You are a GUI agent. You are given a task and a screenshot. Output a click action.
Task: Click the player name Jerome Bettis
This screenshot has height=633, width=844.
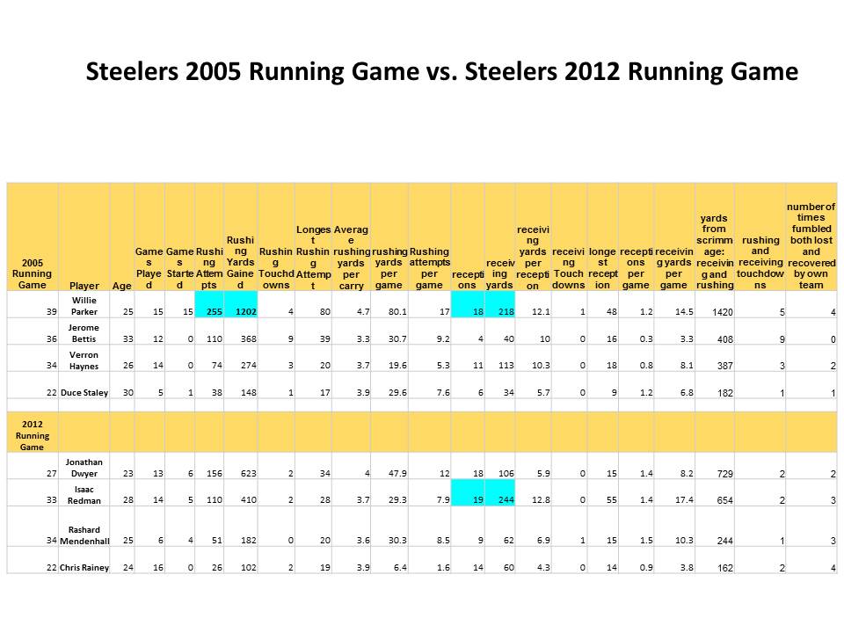84,333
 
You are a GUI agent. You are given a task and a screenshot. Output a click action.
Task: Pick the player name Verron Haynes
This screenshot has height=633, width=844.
84,359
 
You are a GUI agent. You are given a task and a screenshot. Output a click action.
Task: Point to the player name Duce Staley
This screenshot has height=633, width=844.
84,392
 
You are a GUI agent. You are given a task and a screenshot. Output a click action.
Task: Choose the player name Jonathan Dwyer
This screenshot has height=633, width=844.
84,467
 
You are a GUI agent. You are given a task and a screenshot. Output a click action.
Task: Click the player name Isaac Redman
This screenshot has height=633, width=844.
84,493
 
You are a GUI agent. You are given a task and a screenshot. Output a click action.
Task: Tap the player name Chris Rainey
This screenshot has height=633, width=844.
84,567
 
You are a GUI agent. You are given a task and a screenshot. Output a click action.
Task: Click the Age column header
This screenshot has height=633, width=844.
121,285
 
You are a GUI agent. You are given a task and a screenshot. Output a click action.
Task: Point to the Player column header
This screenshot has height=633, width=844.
84,285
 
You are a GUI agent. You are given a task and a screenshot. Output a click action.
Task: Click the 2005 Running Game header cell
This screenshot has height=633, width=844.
33,273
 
